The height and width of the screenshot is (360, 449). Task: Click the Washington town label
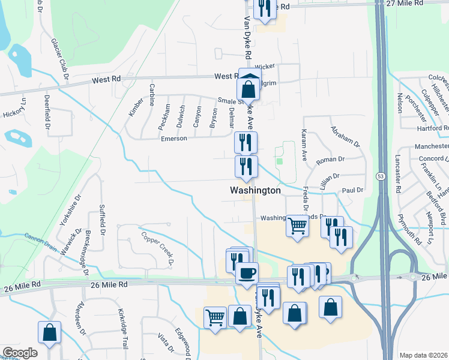coord(255,190)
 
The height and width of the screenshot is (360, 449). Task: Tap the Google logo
coord(20,353)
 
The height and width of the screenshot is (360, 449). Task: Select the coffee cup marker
coord(246,274)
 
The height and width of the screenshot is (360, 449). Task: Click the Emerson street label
coord(174,138)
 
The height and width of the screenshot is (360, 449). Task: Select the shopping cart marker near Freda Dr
coord(297,226)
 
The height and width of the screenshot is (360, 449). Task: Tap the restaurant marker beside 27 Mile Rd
coord(264,8)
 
